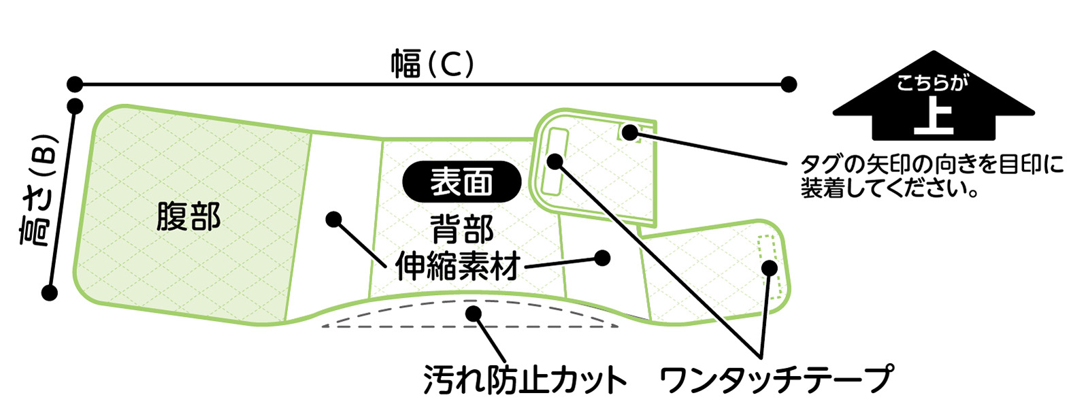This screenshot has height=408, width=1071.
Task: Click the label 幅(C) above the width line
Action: click(x=431, y=64)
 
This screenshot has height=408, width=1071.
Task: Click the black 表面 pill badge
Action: click(x=462, y=182)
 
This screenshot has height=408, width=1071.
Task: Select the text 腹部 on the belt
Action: click(x=188, y=217)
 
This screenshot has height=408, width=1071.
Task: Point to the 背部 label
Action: click(x=462, y=231)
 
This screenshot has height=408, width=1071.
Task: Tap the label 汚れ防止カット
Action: click(x=525, y=379)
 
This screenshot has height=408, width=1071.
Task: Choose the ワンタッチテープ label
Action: click(x=775, y=379)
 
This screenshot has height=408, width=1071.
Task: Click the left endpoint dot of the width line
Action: click(x=75, y=84)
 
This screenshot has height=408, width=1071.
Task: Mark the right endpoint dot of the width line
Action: click(x=788, y=84)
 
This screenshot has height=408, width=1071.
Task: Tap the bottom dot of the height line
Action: click(x=49, y=293)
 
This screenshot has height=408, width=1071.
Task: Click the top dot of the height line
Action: click(x=76, y=107)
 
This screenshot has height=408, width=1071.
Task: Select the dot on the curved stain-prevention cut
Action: click(x=472, y=313)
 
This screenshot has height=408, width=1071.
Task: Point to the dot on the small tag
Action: click(x=631, y=133)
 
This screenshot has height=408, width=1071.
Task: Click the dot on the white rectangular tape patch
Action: click(x=555, y=161)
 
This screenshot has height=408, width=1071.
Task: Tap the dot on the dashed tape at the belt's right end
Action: click(x=769, y=267)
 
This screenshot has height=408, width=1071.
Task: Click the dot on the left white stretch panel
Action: click(x=333, y=219)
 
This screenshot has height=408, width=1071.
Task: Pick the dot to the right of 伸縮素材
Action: click(x=602, y=258)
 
